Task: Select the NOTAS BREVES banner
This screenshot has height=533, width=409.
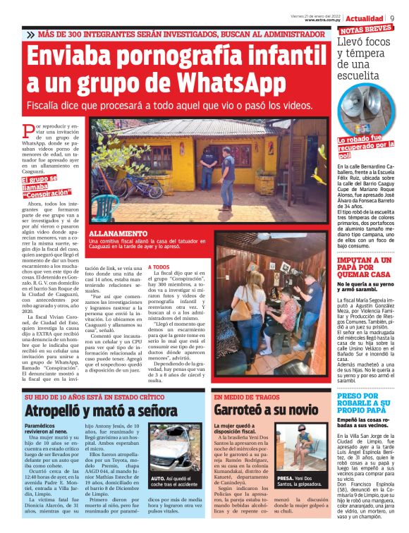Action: (365, 30)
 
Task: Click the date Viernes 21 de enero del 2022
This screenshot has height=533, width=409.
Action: (317, 14)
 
